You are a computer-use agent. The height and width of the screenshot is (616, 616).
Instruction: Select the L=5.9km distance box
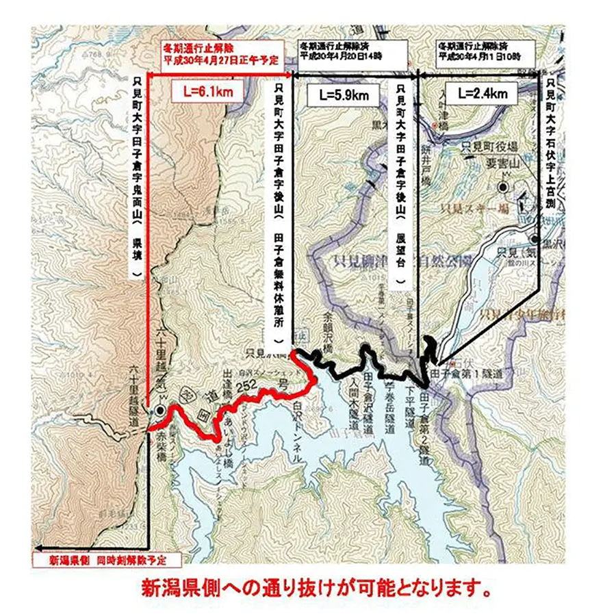(344, 95)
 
